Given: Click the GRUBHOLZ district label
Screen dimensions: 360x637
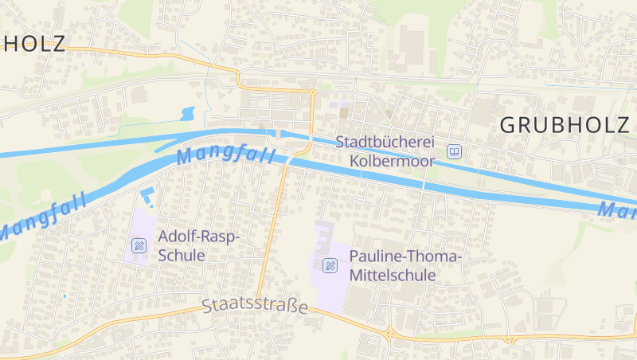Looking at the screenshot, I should point(565,124).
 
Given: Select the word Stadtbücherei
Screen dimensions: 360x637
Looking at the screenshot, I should point(385,142).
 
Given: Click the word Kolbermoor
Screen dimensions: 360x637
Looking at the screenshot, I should point(393,161).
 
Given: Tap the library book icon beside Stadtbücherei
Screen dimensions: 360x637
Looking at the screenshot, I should point(454,151).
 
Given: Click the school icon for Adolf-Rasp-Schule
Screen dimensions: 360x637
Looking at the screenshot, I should point(139,245).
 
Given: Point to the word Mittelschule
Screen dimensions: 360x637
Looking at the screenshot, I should point(393,276).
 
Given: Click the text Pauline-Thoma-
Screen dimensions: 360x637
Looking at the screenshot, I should point(405,257).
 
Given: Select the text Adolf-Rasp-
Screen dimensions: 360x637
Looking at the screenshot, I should point(199,237).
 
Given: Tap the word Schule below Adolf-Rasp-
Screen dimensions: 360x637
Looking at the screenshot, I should point(182,256).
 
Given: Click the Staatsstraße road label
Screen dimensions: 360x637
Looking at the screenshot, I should point(255,306).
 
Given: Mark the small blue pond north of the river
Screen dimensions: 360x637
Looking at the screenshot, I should point(189,113).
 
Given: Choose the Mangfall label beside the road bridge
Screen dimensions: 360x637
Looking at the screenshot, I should point(226,153).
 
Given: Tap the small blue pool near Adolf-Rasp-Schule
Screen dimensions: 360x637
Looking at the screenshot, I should point(147,195).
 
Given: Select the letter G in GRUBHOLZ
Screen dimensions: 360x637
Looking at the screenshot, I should point(510,124).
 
